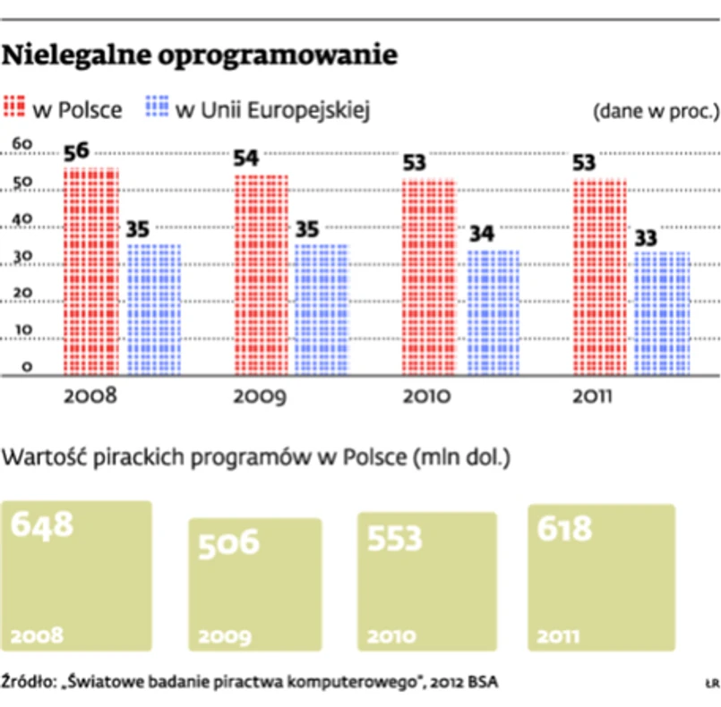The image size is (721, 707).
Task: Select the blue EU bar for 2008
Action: click(x=153, y=309)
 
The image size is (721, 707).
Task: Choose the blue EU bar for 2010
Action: click(x=494, y=312)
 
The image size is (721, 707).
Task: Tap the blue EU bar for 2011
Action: click(x=662, y=314)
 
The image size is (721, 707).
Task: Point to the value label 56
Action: click(x=77, y=152)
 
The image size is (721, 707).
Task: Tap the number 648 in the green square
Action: click(x=42, y=525)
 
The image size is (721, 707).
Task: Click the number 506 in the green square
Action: click(x=228, y=542)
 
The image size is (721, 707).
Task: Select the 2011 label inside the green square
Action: click(x=559, y=637)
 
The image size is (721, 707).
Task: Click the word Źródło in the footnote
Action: click(x=28, y=683)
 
